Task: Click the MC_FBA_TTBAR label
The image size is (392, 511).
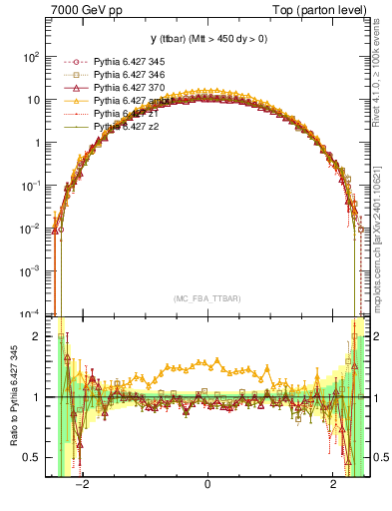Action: [x=206, y=299]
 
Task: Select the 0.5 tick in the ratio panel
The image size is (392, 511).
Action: [x=32, y=457]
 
